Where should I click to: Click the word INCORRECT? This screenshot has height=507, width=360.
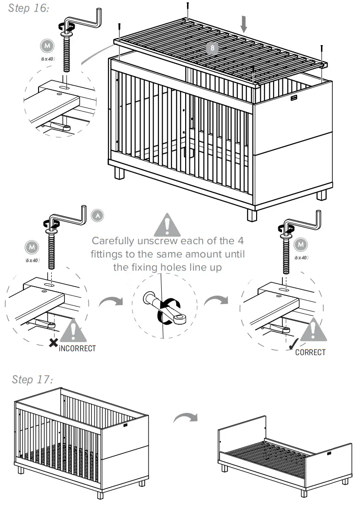pos(78,348)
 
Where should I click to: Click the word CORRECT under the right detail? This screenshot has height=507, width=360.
pos(310,352)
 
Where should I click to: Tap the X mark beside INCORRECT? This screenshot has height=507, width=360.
pos(54,343)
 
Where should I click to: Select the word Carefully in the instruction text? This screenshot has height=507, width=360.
pos(114,242)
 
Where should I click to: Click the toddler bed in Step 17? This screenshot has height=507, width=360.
pos(285,454)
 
